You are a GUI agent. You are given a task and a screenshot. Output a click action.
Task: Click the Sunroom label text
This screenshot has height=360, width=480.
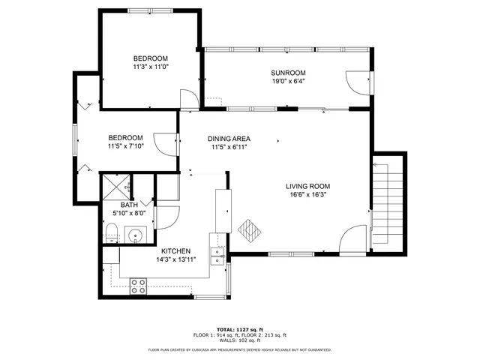(x=288, y=73)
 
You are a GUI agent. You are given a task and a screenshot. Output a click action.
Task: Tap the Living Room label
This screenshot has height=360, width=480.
(x=307, y=187)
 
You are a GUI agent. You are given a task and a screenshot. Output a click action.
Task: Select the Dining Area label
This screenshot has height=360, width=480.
(x=229, y=139)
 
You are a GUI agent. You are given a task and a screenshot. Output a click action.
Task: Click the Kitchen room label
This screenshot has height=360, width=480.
(x=173, y=251)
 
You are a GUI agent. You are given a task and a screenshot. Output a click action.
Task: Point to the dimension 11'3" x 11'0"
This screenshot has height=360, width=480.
(x=151, y=67)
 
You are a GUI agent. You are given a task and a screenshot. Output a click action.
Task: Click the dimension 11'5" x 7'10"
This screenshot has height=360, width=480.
(x=125, y=146)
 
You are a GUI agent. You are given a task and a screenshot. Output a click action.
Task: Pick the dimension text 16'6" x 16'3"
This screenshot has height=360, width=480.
(x=307, y=196)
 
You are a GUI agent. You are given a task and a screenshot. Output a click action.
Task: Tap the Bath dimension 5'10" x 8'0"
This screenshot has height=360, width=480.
(x=129, y=214)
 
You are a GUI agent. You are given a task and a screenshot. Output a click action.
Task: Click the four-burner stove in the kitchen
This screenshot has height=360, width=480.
(x=139, y=285)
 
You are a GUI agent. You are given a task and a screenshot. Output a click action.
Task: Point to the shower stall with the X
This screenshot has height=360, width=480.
(x=116, y=185)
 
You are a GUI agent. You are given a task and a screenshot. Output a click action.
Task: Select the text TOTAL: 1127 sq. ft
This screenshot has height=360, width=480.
(x=240, y=329)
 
